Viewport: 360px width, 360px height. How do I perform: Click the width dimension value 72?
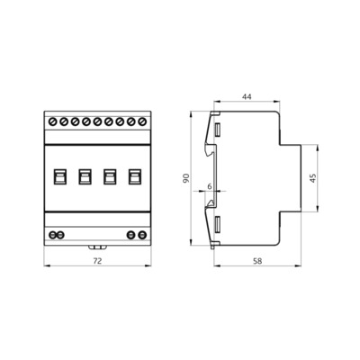coord(97,260)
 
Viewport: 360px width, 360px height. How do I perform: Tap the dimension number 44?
coord(247,96)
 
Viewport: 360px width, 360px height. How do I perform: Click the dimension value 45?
coord(312,178)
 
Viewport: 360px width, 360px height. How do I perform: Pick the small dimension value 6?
coord(210,187)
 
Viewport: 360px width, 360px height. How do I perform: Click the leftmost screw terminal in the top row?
coord(53,120)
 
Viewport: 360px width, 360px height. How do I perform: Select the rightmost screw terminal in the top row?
coord(141,120)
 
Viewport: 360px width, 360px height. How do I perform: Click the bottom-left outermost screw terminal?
coord(52,234)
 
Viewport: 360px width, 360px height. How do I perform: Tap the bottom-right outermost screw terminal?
coord(142,234)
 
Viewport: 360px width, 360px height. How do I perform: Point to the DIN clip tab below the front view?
coord(97,245)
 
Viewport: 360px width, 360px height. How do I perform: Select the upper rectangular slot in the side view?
coord(217,131)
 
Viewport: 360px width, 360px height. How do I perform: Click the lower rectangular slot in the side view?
coord(217,222)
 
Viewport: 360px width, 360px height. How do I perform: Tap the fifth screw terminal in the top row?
coord(97,120)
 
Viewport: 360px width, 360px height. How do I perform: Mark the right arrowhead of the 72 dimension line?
coord(148,266)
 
